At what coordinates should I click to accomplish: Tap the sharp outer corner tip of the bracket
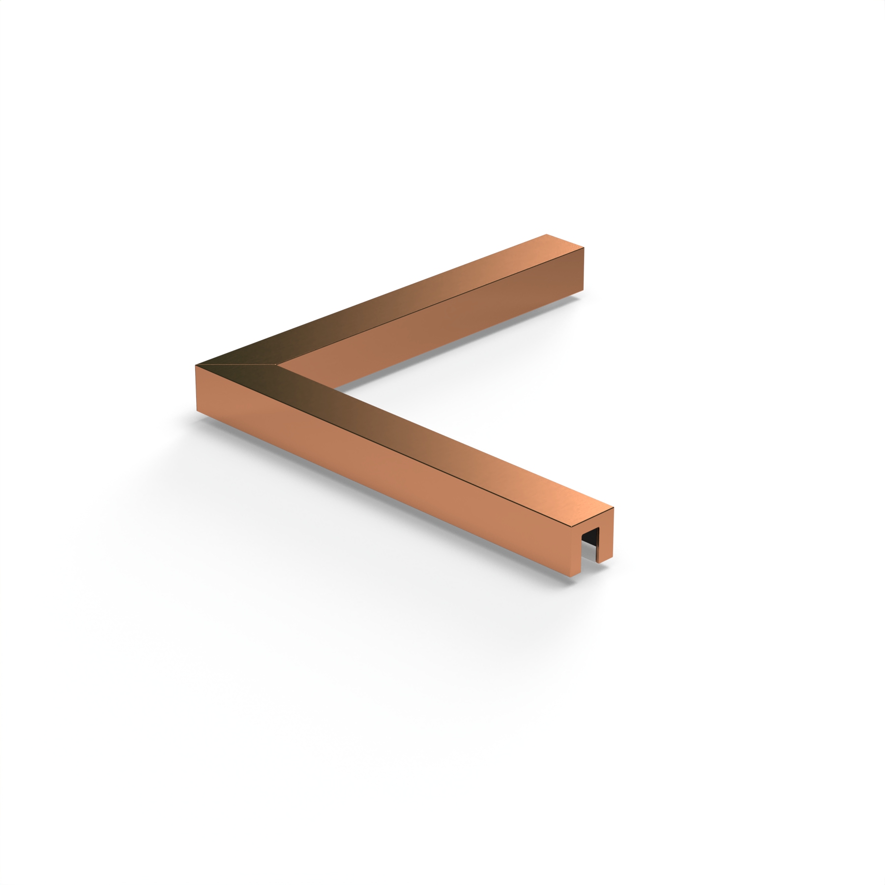click(196, 365)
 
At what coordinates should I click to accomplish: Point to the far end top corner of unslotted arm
click(547, 235)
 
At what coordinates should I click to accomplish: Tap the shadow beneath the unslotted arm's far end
click(575, 298)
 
